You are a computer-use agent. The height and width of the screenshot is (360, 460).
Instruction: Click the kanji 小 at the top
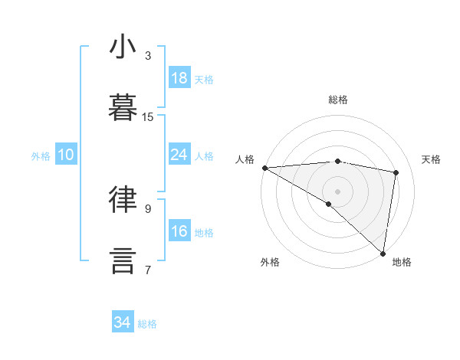pyautogui.click(x=123, y=47)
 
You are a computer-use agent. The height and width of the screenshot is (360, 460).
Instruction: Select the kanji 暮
pyautogui.click(x=123, y=109)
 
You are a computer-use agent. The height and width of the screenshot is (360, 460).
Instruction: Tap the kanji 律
pyautogui.click(x=123, y=200)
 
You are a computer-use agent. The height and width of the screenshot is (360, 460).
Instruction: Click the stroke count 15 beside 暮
pyautogui.click(x=148, y=117)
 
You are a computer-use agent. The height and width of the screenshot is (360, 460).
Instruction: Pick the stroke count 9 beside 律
pyautogui.click(x=148, y=208)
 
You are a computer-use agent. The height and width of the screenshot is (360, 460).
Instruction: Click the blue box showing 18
pyautogui.click(x=179, y=78)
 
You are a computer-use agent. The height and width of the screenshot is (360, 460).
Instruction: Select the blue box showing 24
pyautogui.click(x=179, y=155)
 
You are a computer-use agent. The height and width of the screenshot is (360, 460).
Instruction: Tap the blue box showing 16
pyautogui.click(x=179, y=231)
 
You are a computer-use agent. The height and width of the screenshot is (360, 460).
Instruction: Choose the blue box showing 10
pyautogui.click(x=66, y=155)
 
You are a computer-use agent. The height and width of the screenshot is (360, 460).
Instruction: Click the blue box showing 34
pyautogui.click(x=123, y=322)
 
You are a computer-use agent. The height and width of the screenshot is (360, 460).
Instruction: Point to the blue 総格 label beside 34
pyautogui.click(x=147, y=324)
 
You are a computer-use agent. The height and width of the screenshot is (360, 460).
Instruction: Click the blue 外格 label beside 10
pyautogui.click(x=41, y=156)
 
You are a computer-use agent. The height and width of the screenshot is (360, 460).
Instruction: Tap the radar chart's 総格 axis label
pyautogui.click(x=338, y=100)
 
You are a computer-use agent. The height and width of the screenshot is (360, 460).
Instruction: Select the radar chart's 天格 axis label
pyautogui.click(x=432, y=159)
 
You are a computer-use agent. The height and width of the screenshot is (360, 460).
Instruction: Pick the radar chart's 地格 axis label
pyautogui.click(x=402, y=263)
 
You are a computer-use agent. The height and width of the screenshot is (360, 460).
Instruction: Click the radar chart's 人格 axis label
pyautogui.click(x=245, y=159)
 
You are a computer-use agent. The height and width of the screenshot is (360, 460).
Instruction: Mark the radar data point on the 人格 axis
pyautogui.click(x=264, y=168)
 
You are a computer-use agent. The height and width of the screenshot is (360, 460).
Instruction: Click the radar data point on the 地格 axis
pyautogui.click(x=383, y=253)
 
